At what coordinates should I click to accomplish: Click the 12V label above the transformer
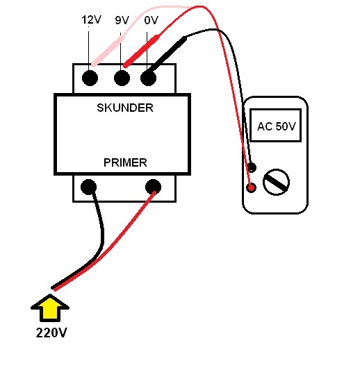pyautogui.click(x=91, y=20)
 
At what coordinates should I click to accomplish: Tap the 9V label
pyautogui.click(x=122, y=20)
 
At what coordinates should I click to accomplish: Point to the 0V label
pyautogui.click(x=152, y=20)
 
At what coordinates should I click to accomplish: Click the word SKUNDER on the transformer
pyautogui.click(x=125, y=108)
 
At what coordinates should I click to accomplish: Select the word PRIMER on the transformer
pyautogui.click(x=125, y=162)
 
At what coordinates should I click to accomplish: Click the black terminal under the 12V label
pyautogui.click(x=90, y=78)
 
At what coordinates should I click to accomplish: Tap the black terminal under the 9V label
pyautogui.click(x=122, y=78)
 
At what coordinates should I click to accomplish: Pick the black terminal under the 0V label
pyautogui.click(x=148, y=78)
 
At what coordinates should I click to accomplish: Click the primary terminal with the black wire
pyautogui.click(x=88, y=187)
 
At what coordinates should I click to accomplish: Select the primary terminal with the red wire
pyautogui.click(x=153, y=187)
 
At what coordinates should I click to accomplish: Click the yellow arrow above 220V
pyautogui.click(x=50, y=308)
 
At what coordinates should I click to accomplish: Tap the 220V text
pyautogui.click(x=51, y=332)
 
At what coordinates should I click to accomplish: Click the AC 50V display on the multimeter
pyautogui.click(x=276, y=125)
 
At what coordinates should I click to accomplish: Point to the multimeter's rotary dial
pyautogui.click(x=276, y=182)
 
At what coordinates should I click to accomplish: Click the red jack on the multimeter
pyautogui.click(x=251, y=187)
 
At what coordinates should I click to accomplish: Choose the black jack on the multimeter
pyautogui.click(x=252, y=167)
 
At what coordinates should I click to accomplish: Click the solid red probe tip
pyautogui.click(x=142, y=51)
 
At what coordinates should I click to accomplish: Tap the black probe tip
pyautogui.click(x=167, y=56)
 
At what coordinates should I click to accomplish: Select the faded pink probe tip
pyautogui.click(x=108, y=51)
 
